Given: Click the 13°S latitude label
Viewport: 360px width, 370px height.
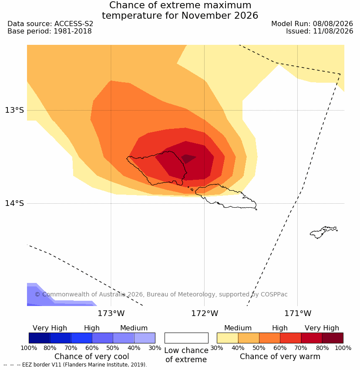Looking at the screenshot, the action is point(14,110).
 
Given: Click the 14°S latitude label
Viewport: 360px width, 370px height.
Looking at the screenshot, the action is point(14,203).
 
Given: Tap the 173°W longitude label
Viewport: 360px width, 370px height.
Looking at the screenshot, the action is point(111,313).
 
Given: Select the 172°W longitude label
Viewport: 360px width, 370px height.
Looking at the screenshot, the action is point(205,313).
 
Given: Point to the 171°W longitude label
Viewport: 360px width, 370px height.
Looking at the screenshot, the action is point(298,313).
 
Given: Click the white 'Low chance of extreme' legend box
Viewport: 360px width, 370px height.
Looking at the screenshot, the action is point(186,338).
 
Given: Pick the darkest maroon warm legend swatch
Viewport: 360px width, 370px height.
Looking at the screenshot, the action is point(333,338).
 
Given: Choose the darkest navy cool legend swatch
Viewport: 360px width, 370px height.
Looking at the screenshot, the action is point(40,338).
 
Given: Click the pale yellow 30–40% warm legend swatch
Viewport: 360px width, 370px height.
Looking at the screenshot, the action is point(227,338).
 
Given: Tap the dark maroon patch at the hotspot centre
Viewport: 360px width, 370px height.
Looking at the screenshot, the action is point(188,158).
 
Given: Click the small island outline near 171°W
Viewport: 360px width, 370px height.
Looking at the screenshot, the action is point(323,232).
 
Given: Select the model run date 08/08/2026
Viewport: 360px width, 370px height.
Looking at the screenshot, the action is point(333,24).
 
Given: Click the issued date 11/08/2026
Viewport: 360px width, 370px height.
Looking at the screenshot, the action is point(333,31).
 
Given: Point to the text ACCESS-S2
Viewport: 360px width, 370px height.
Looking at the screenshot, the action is point(74,24).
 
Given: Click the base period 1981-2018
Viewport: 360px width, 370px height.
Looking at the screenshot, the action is point(73,31).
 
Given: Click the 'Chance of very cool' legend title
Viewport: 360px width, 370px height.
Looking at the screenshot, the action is point(92,357).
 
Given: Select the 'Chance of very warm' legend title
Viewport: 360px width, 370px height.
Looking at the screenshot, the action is point(280,357).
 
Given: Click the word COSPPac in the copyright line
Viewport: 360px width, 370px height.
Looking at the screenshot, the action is point(274,294).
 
